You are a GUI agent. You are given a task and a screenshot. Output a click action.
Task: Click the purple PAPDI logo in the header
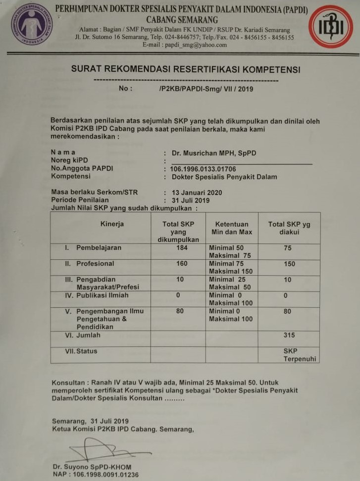(x=31, y=24)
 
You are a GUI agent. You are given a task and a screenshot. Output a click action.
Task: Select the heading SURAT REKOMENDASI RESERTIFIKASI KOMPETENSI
(x=186, y=70)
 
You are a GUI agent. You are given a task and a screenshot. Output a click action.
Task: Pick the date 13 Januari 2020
(x=197, y=192)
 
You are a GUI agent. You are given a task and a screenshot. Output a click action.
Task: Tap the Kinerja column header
(x=112, y=224)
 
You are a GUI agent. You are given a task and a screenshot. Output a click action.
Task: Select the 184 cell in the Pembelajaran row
(x=182, y=248)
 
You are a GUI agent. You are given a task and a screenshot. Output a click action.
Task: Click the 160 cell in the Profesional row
(x=182, y=264)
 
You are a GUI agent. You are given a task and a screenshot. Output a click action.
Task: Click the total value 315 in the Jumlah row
(x=289, y=335)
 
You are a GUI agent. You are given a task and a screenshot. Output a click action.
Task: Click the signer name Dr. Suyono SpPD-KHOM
(x=92, y=467)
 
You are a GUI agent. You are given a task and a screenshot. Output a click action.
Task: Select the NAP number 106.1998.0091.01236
(x=96, y=475)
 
